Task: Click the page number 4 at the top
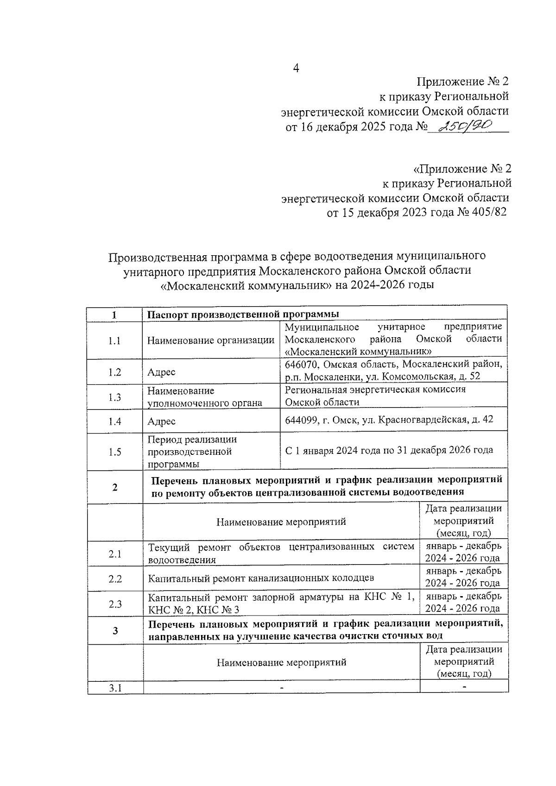point(296,68)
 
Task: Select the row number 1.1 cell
point(114,341)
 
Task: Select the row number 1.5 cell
point(114,452)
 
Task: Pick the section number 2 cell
point(114,487)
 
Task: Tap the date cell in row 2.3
point(463,602)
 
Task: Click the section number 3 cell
point(115,630)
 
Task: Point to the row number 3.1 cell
point(115,688)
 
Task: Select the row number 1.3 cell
point(114,397)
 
